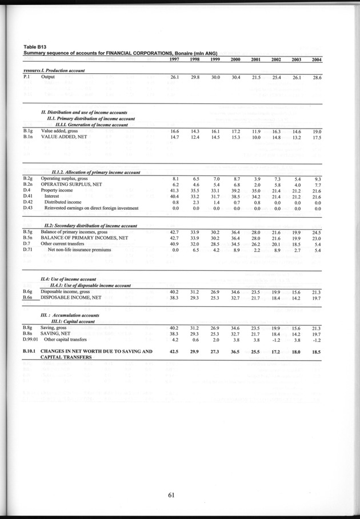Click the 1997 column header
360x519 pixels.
(175, 60)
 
